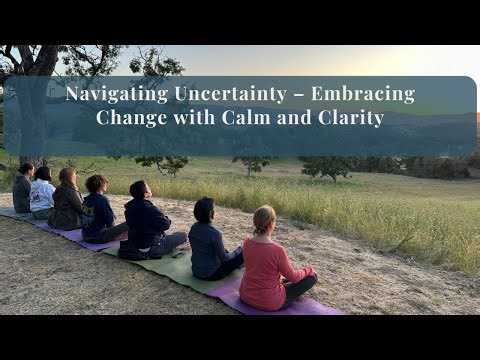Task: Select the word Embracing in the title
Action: [363, 95]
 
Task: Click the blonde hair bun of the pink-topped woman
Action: [264, 216]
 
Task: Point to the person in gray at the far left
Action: [22, 189]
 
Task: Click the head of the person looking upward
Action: [140, 189]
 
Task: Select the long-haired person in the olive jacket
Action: [67, 200]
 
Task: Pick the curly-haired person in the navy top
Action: [97, 209]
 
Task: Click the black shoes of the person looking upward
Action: [129, 253]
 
